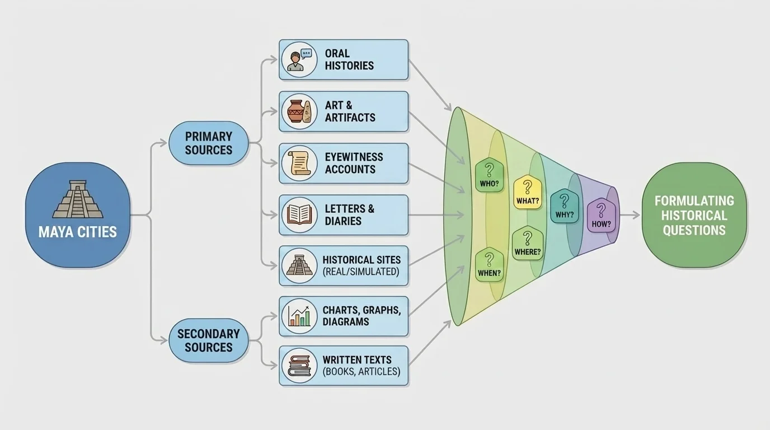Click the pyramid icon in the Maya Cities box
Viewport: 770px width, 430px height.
point(78,199)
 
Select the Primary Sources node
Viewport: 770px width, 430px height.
point(209,143)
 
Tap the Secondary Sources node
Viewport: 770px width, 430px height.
point(209,340)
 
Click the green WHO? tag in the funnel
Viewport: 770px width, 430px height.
point(489,175)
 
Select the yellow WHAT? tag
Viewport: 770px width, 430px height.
point(527,192)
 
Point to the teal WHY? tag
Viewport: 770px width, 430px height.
point(564,206)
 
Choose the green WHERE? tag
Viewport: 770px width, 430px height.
point(527,244)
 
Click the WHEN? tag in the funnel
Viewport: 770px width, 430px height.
point(489,265)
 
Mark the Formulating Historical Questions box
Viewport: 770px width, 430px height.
point(694,216)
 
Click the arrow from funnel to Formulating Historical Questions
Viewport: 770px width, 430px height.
point(630,216)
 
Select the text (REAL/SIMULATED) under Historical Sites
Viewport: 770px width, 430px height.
point(361,272)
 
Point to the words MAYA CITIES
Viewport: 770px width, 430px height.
point(78,231)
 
